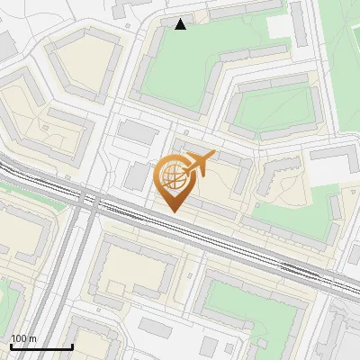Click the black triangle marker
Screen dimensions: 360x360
(181, 24)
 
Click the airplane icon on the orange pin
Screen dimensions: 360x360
(200, 163)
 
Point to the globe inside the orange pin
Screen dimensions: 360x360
(174, 175)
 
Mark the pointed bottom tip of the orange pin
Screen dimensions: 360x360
(174, 212)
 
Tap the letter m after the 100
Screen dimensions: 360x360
(33, 338)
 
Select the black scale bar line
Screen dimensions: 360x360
(41, 346)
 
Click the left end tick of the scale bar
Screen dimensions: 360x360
(11, 346)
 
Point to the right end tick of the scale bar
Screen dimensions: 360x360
(72, 346)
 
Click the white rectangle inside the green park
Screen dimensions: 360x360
(280, 27)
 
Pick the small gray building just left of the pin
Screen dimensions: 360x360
(137, 176)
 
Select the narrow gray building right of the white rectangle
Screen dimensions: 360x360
(298, 25)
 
